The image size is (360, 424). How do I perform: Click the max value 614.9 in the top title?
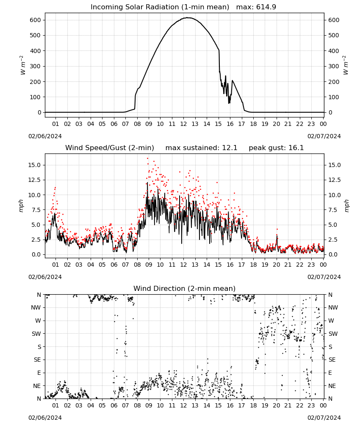(266, 7)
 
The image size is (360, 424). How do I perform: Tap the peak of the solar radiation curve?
(188, 17)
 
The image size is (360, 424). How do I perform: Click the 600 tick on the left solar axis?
(36, 20)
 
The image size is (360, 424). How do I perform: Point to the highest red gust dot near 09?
(147, 158)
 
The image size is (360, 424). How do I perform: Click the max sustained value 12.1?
(230, 148)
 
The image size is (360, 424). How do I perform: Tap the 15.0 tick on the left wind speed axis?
(35, 165)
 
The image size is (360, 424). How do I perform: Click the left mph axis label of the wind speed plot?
(21, 206)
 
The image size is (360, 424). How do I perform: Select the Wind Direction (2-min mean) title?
(185, 288)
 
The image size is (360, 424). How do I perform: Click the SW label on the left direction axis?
(36, 334)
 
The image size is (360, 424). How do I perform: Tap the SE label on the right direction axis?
(332, 360)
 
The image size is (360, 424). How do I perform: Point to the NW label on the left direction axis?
(36, 307)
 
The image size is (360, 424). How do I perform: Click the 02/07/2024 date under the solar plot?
(324, 136)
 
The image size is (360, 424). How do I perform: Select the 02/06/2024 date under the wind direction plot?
(45, 418)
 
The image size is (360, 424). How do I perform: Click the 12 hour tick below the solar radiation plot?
(183, 124)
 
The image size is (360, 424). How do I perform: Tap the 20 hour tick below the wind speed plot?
(276, 265)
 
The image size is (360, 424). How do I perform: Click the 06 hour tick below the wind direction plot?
(114, 405)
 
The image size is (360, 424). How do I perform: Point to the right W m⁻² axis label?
(346, 65)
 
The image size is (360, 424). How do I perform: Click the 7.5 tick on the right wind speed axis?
(333, 210)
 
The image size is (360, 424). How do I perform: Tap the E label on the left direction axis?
(39, 373)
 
